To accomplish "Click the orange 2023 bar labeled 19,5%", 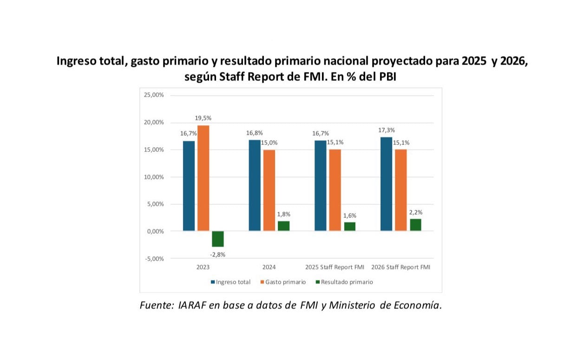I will [x=203, y=178].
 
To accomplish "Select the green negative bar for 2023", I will [x=217, y=239].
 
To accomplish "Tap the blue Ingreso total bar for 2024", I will [x=255, y=185].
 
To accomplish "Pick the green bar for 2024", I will [x=283, y=226].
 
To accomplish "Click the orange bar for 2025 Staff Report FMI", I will [x=335, y=190].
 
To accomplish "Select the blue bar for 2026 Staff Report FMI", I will [x=386, y=184].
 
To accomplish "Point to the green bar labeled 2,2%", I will [x=415, y=225].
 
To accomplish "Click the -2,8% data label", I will [x=218, y=255].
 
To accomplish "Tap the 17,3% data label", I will [x=386, y=130].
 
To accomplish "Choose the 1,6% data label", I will [x=350, y=216].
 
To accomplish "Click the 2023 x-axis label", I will [x=203, y=268].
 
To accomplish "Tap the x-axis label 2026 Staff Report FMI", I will [x=400, y=268].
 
